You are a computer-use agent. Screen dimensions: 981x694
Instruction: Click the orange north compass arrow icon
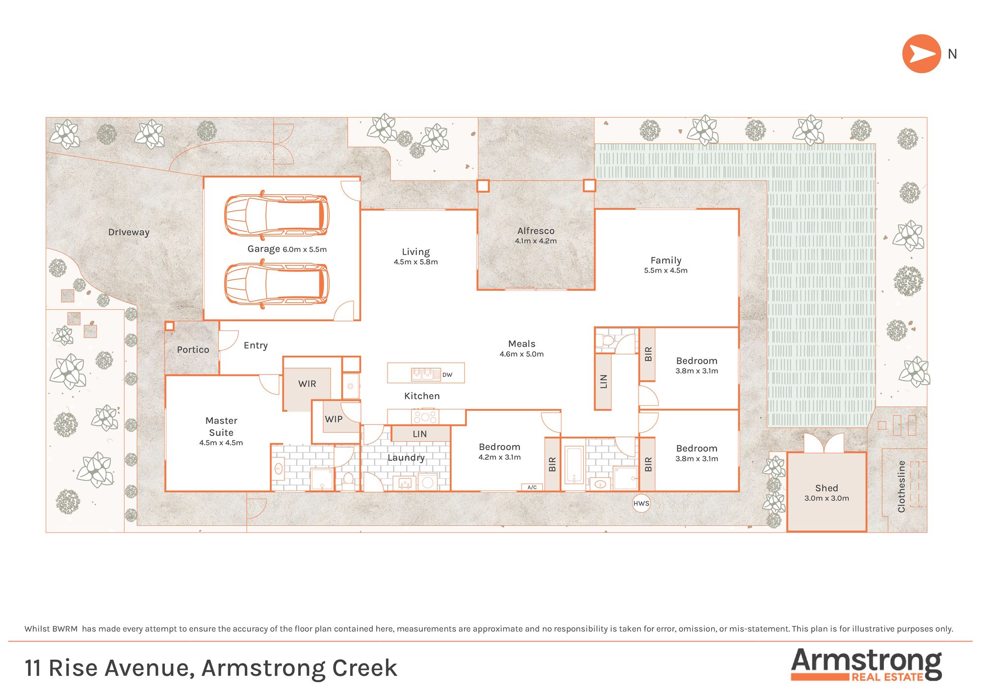coord(921,54)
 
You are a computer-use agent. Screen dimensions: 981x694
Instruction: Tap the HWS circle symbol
coord(641,504)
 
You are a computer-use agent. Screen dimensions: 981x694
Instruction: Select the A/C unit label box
coord(532,487)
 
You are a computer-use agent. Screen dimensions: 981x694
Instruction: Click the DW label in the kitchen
coord(447,375)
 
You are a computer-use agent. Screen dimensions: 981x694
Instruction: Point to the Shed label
coord(826,488)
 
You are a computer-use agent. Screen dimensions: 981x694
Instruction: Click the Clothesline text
coord(902,486)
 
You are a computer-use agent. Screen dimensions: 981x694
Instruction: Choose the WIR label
coord(307,384)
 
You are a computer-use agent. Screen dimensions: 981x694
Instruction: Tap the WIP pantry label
coord(334,419)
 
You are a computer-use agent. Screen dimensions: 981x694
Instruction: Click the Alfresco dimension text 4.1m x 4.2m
coord(536,241)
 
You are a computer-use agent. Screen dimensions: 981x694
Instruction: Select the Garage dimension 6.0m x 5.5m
coord(305,249)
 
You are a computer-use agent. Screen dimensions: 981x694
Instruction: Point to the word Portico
coord(193,349)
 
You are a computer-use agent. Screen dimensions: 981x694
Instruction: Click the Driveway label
coord(129,232)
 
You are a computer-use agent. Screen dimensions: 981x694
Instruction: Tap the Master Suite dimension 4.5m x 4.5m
coord(221,443)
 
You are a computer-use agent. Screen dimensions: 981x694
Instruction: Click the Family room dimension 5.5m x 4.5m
coord(666,270)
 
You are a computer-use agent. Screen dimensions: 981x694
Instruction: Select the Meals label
coord(522,344)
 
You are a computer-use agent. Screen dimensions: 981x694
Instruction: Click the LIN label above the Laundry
coord(420,434)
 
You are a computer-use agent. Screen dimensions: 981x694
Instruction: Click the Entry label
coord(256,346)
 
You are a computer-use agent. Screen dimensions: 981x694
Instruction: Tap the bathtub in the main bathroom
coord(574,464)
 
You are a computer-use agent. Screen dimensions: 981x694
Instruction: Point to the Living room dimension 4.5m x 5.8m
coord(415,262)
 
